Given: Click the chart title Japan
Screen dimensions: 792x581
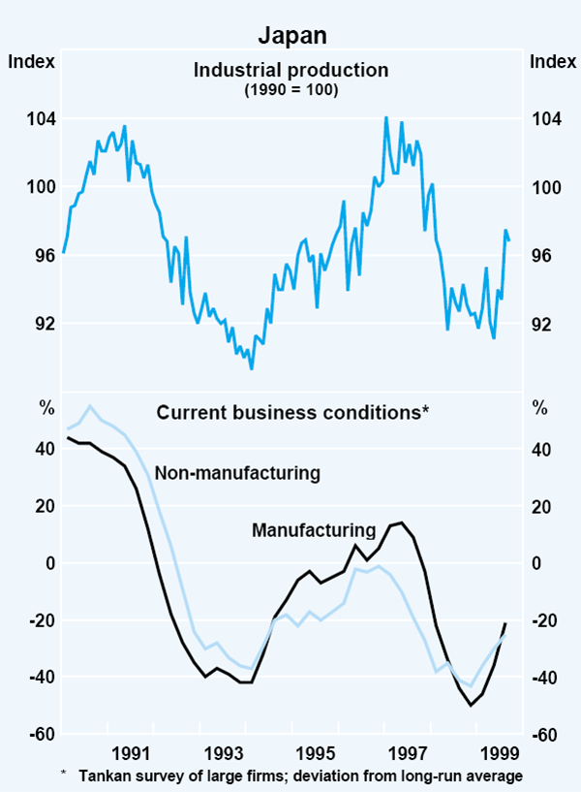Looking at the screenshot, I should [x=290, y=36].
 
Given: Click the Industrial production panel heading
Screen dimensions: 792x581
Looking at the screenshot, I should [x=290, y=70].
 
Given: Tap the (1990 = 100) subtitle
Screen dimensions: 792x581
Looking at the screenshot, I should [x=290, y=88].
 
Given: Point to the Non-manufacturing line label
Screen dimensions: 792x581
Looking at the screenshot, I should [x=237, y=473].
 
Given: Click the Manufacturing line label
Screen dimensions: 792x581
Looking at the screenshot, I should [x=313, y=530].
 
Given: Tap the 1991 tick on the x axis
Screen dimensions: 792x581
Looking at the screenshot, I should [x=130, y=754].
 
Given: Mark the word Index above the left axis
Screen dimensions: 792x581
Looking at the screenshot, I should [x=31, y=62].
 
